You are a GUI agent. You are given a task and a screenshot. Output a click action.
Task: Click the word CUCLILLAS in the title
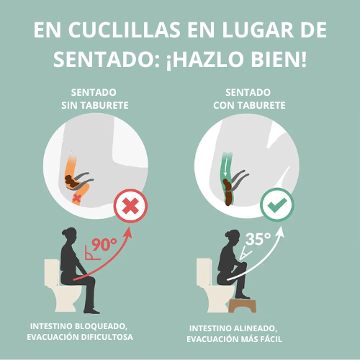click(x=124, y=30)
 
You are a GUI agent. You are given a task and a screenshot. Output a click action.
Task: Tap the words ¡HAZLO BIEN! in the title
click(x=236, y=59)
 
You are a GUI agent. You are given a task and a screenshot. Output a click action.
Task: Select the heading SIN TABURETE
click(x=95, y=105)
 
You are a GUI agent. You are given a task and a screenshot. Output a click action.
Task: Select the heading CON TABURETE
click(x=249, y=105)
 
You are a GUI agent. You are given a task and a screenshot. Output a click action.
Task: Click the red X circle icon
click(x=130, y=206)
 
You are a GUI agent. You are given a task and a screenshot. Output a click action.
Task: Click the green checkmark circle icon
click(x=277, y=204)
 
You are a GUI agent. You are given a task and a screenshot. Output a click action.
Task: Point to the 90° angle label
click(x=104, y=245)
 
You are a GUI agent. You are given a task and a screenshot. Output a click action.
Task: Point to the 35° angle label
click(x=258, y=239)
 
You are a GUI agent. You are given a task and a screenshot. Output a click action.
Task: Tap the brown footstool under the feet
click(x=243, y=305)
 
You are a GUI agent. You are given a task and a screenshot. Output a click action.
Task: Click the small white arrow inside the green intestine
click(x=225, y=170)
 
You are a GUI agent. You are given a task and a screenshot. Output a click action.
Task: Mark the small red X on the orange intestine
click(x=77, y=199)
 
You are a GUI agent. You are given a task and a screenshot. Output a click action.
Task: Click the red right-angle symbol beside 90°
click(x=92, y=253)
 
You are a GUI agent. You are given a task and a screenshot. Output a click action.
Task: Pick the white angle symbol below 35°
click(x=246, y=254)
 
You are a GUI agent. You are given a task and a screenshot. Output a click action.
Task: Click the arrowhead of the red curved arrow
click(x=128, y=233)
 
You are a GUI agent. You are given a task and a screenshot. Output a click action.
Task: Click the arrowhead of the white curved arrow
click(x=280, y=232)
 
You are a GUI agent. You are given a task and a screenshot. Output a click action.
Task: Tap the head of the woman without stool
click(x=70, y=235)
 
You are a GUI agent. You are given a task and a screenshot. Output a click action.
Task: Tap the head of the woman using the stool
click(x=233, y=238)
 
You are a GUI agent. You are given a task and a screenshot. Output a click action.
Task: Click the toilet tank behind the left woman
click(x=52, y=272)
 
